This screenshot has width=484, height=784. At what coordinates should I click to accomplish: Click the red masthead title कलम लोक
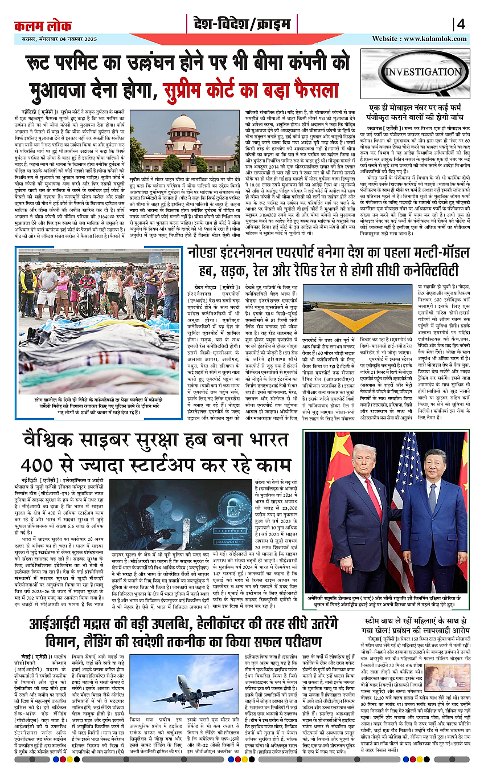point(39,26)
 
